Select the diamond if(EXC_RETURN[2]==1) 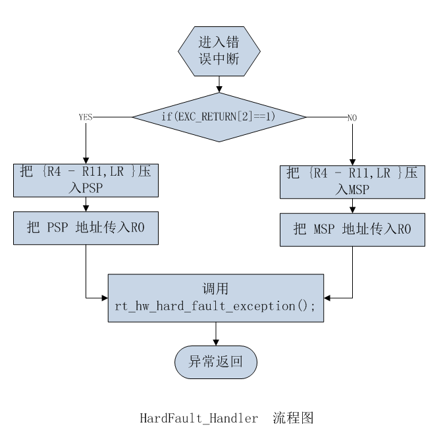coord(219,117)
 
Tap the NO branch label coord(352,117)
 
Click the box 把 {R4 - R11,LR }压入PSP coord(86,180)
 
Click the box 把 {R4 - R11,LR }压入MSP coord(352,181)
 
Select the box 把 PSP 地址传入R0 coord(86,227)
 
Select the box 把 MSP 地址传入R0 coord(352,229)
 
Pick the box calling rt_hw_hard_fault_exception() coord(216,297)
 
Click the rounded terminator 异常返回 coord(216,362)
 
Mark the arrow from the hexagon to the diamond coord(219,84)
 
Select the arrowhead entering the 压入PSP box coord(86,160)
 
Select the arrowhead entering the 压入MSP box coord(352,161)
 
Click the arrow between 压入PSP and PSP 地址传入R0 coord(86,204)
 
